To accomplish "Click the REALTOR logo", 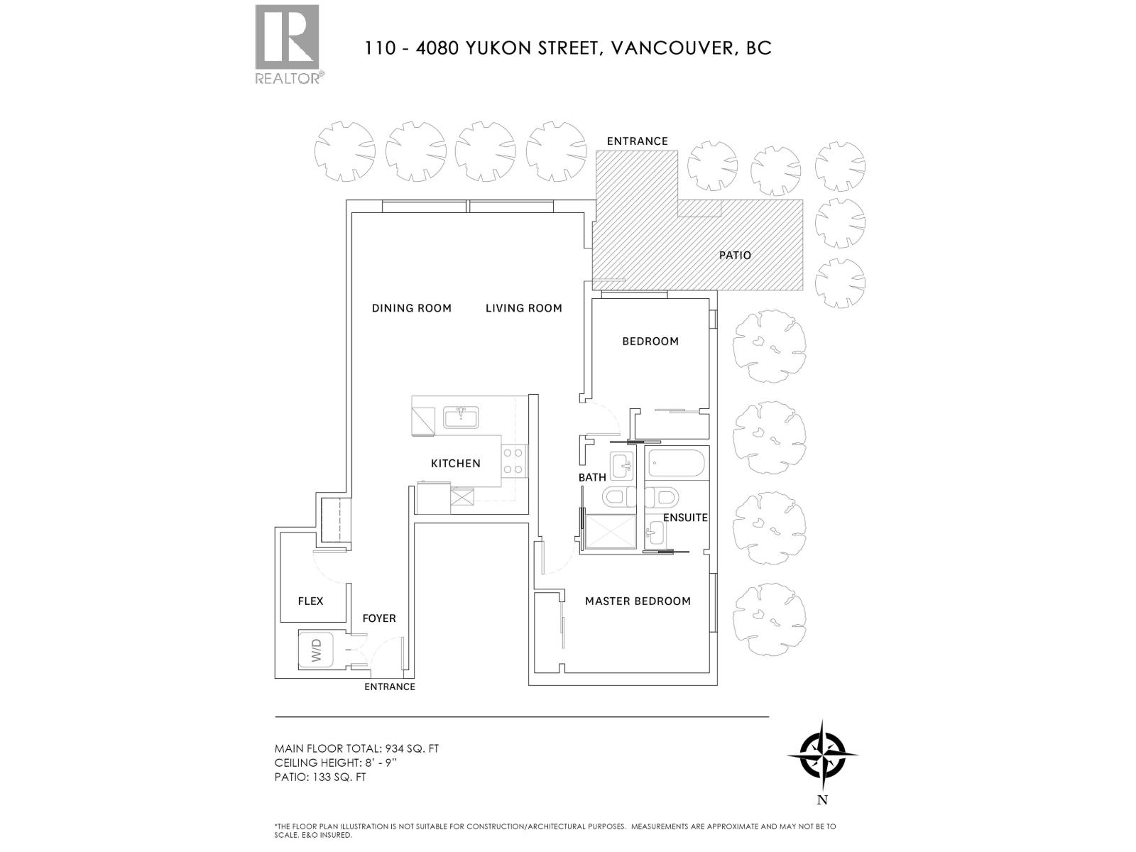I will click(x=287, y=44).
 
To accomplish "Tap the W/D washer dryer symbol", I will click(x=316, y=650).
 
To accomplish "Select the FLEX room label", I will click(x=310, y=601).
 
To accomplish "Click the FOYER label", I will click(x=379, y=618).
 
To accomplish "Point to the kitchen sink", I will click(x=461, y=417).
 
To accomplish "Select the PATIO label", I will click(x=735, y=256).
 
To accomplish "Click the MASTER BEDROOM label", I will click(x=638, y=601).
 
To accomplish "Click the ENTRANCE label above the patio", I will click(x=637, y=141).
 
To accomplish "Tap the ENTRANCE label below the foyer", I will click(x=389, y=687).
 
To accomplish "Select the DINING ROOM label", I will click(x=412, y=308).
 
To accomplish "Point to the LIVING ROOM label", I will click(x=524, y=308).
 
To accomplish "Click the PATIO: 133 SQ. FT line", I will click(x=320, y=777).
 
